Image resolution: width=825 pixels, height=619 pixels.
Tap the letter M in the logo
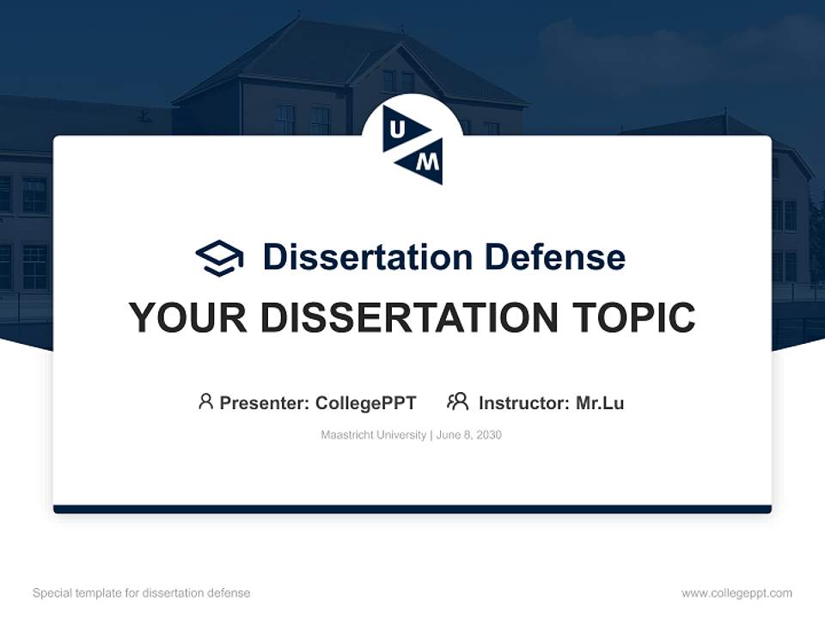[x=431, y=160]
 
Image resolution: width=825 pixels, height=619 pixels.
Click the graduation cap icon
[x=219, y=257]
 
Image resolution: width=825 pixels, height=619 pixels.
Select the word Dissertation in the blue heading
[x=368, y=256]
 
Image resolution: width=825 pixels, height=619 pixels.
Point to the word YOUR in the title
[x=188, y=317]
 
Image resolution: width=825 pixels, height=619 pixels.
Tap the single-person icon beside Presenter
[x=205, y=401]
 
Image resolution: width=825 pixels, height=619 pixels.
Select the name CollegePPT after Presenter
[x=366, y=402]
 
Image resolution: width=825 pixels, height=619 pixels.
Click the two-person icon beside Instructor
[x=458, y=401]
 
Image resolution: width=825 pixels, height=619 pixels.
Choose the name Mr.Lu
[x=600, y=402]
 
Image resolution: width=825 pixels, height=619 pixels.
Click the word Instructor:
[x=523, y=402]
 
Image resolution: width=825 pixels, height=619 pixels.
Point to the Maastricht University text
[x=373, y=435]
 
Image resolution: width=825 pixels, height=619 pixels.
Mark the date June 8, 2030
[x=469, y=435]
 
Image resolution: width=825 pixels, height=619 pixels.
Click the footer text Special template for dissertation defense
[x=141, y=593]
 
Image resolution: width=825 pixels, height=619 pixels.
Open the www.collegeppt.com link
[x=736, y=593]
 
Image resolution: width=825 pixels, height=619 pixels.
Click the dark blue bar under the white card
[x=412, y=509]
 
